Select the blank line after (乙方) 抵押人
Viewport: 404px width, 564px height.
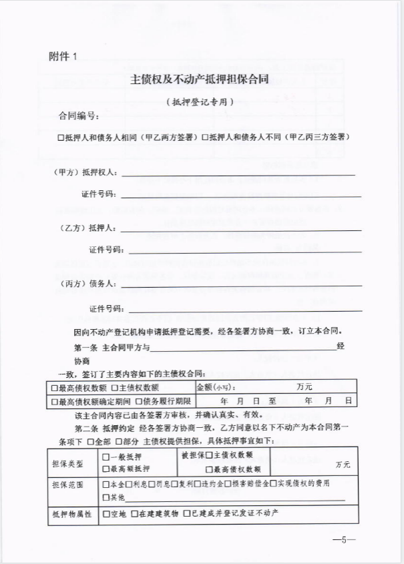click(x=240, y=229)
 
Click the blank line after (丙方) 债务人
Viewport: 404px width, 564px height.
click(x=240, y=285)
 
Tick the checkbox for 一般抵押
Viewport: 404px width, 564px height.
click(x=106, y=457)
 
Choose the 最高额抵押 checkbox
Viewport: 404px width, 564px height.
click(x=106, y=469)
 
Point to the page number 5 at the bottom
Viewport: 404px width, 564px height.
click(x=345, y=540)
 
